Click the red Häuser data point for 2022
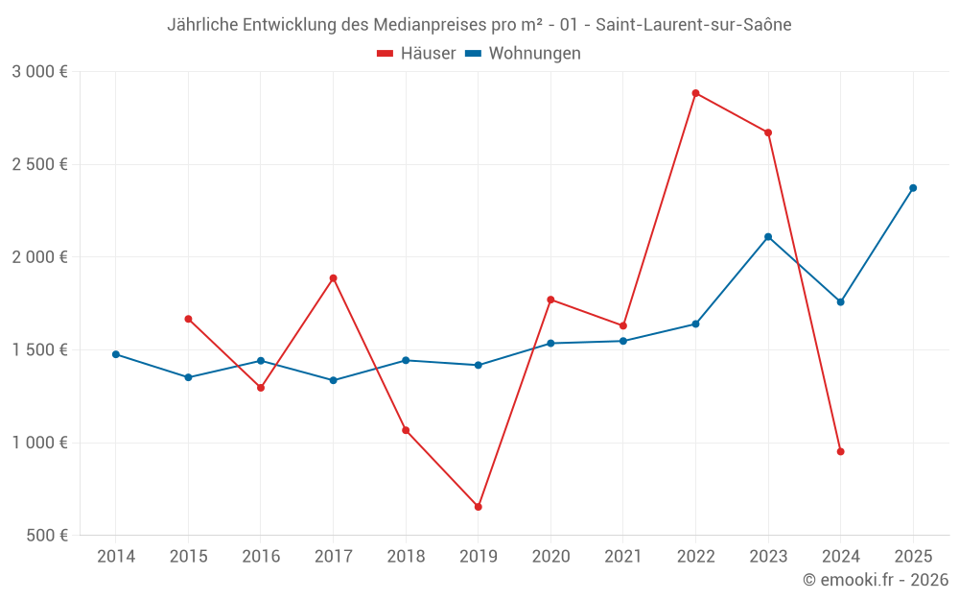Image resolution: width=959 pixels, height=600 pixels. click(x=695, y=93)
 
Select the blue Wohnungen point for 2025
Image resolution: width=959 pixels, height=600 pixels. click(x=913, y=188)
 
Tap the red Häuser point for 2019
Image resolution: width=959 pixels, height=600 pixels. click(x=478, y=507)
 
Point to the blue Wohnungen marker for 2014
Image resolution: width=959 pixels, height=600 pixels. click(x=116, y=354)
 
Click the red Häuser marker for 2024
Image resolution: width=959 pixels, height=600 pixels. click(x=841, y=451)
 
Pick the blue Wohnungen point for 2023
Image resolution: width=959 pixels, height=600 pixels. click(x=768, y=237)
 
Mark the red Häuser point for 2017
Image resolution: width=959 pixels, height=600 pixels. click(x=333, y=278)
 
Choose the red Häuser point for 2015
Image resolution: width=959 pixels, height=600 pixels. click(x=188, y=319)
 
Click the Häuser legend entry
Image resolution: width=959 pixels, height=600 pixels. click(x=417, y=54)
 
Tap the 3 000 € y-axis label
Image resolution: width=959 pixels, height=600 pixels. click(x=39, y=72)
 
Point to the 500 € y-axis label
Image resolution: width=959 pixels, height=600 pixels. click(x=45, y=536)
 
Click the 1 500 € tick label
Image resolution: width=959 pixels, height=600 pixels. click(x=39, y=350)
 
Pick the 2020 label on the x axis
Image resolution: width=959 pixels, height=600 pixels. click(x=550, y=557)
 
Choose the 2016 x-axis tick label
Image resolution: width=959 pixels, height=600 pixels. click(x=261, y=557)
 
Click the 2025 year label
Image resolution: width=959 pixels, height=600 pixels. click(x=913, y=557)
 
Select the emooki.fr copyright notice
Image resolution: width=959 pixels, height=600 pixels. click(x=875, y=580)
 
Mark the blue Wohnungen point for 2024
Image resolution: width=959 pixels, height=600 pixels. click(x=841, y=302)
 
